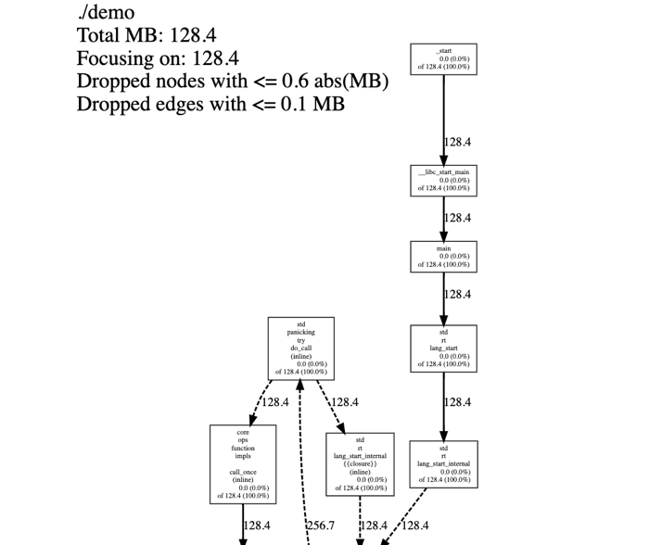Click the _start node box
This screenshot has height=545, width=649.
(x=443, y=59)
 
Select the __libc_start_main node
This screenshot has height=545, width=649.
(x=443, y=181)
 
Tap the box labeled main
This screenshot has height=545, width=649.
(x=443, y=257)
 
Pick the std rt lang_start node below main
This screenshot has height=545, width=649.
(x=443, y=349)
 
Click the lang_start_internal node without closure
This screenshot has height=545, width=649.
(x=443, y=464)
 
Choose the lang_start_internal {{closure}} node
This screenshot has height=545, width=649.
(x=360, y=463)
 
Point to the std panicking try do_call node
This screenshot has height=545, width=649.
(x=300, y=349)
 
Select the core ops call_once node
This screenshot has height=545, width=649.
(x=243, y=463)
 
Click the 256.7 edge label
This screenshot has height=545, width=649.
(x=320, y=526)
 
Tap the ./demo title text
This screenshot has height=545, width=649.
(x=106, y=13)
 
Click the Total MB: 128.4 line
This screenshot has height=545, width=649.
(x=146, y=35)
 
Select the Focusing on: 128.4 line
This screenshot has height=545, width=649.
(x=158, y=58)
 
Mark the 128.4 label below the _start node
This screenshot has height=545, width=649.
(x=457, y=143)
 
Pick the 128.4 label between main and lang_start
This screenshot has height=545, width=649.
(x=457, y=295)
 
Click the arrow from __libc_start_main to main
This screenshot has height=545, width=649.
(x=443, y=219)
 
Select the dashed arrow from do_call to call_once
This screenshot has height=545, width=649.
(x=256, y=404)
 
